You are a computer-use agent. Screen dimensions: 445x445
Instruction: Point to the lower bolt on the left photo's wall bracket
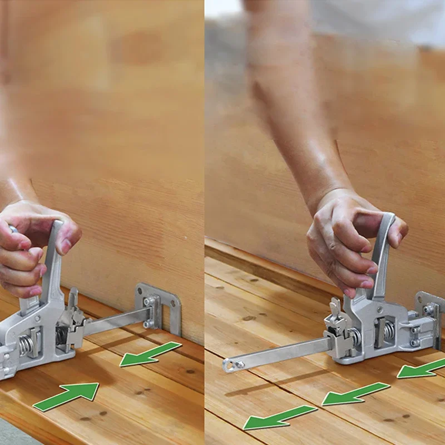(149, 323)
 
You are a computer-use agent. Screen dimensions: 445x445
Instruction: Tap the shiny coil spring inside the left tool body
(24, 345)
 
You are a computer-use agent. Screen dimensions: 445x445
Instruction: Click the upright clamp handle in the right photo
(383, 250)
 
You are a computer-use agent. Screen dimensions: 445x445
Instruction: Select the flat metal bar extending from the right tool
(278, 354)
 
